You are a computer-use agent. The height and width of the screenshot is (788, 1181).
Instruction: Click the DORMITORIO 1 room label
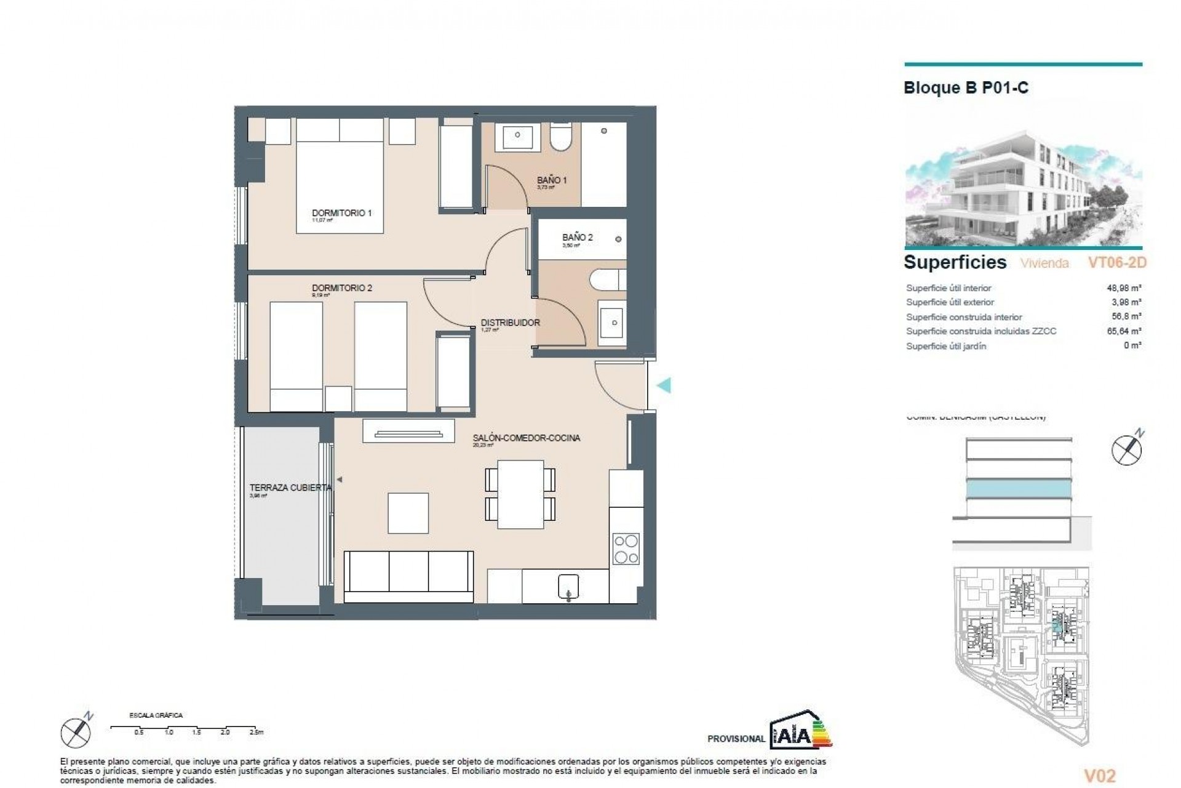pos(341,213)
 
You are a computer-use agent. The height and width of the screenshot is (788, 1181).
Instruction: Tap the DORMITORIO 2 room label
pos(341,287)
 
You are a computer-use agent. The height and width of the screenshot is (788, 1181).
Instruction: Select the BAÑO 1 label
pos(552,180)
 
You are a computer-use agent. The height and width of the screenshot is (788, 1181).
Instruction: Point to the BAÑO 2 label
pos(577,237)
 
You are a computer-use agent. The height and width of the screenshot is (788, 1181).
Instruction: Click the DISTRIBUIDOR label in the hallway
pos(510,323)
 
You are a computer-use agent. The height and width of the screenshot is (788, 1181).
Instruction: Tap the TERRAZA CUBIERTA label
pos(290,488)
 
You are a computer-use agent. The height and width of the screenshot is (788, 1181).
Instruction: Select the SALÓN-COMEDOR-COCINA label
pos(526,438)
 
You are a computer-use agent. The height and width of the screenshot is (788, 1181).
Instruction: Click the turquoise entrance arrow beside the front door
pos(664,386)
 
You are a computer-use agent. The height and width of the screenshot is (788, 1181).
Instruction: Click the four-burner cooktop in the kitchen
pos(626,549)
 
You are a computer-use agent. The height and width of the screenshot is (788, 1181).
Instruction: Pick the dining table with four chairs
pos(520,494)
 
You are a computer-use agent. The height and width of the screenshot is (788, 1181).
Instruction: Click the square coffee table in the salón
pos(408,513)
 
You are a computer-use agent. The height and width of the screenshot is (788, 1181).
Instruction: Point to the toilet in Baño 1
pos(561,137)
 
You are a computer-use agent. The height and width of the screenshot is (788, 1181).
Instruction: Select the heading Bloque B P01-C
pos(966,88)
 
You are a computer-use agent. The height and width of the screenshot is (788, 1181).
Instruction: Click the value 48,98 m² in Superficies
pos(1124,287)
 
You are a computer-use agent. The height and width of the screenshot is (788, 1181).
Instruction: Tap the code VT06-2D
pos(1117,263)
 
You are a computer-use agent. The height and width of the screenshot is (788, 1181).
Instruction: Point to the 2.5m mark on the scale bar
pos(255,732)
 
